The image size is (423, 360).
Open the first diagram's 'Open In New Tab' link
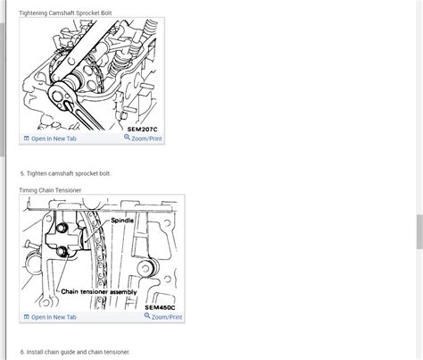[53, 138]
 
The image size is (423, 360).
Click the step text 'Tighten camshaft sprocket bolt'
[79, 172]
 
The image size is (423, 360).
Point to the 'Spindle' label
[123, 220]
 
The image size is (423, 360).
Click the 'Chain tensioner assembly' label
[99, 291]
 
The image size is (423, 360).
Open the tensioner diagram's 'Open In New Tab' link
[53, 317]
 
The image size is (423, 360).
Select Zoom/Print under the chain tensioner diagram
[163, 317]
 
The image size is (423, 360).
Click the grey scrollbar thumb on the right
[419, 232]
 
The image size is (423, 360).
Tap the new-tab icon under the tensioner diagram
[26, 317]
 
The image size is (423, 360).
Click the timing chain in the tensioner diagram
[105, 259]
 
